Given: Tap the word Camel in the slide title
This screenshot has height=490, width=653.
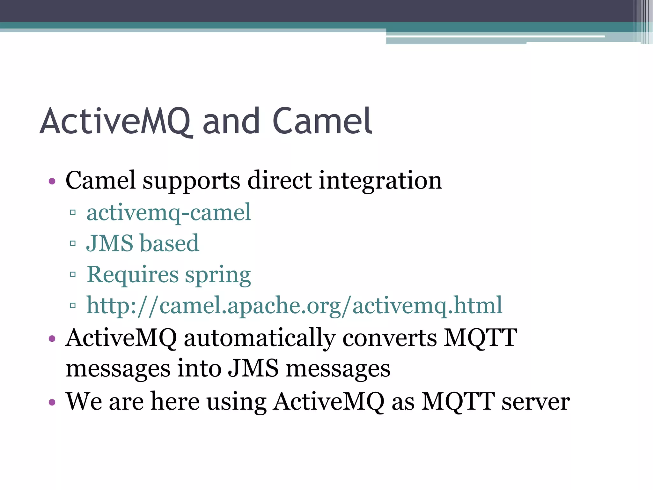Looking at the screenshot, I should [x=322, y=122].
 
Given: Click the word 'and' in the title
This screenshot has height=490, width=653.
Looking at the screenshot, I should [x=231, y=122].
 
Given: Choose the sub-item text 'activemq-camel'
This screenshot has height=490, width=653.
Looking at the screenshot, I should [x=169, y=213].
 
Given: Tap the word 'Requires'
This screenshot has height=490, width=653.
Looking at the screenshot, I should [x=133, y=275].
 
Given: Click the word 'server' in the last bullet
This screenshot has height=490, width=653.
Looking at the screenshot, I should [x=536, y=402].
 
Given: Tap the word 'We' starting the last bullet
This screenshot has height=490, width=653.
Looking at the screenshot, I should [x=84, y=401].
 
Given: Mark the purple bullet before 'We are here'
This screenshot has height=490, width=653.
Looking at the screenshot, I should [x=52, y=402].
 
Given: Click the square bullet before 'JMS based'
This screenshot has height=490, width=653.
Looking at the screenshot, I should [x=73, y=244].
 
